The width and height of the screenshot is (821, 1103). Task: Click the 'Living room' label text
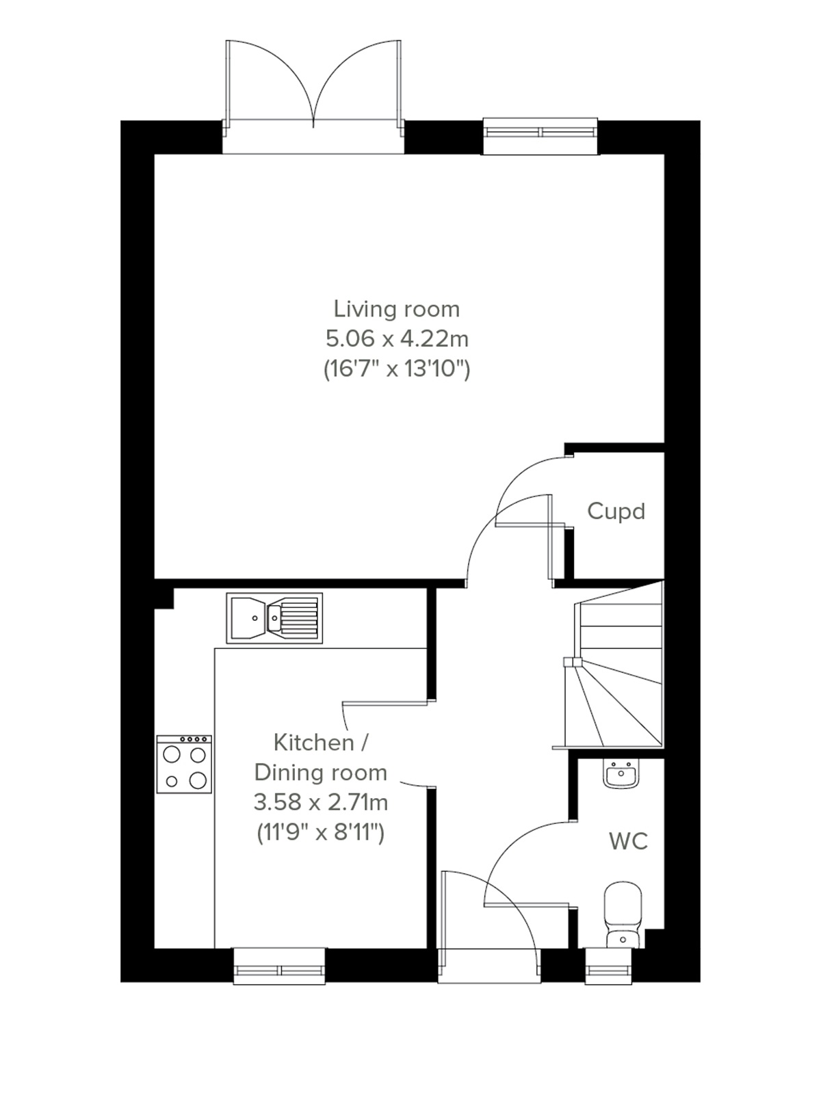(396, 309)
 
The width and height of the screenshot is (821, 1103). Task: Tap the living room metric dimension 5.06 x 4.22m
(396, 338)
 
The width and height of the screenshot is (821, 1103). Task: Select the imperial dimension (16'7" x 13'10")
(396, 369)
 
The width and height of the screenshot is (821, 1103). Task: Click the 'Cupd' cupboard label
(616, 511)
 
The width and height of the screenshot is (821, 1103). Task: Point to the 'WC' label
(628, 841)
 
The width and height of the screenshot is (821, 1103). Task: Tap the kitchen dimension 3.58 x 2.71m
(321, 801)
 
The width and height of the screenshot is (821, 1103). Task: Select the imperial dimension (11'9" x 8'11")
(321, 832)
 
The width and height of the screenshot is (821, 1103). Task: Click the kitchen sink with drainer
(274, 618)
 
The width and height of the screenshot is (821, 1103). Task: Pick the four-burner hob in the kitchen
(184, 765)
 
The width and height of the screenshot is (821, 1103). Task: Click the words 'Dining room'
(321, 772)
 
